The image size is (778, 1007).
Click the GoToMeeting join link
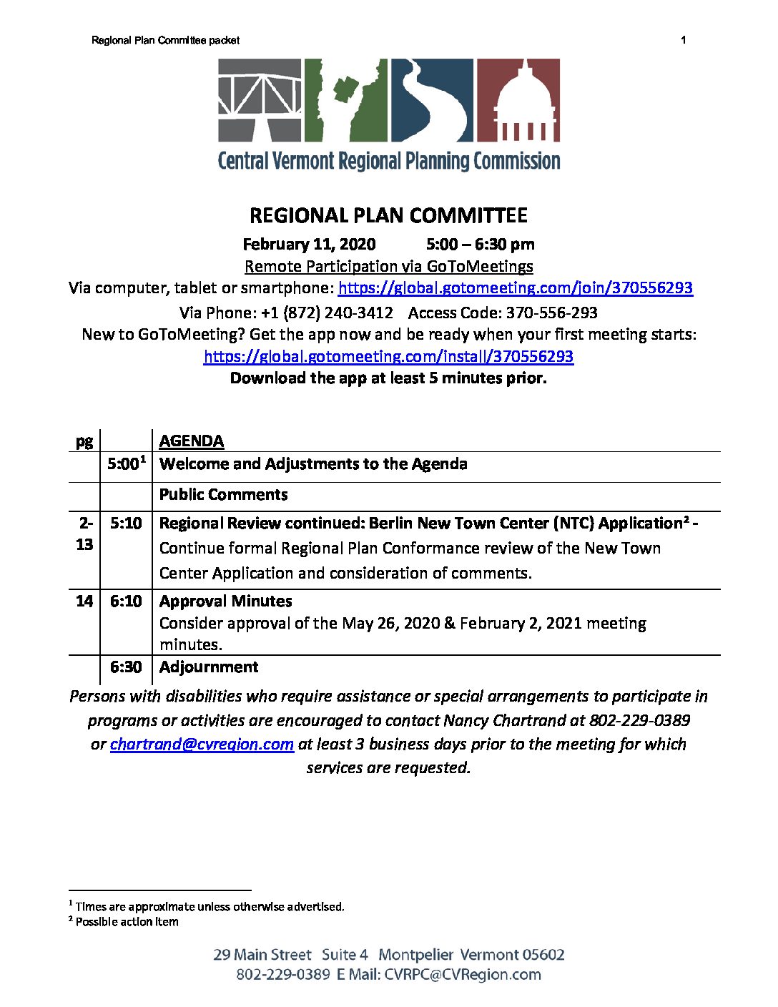(x=515, y=288)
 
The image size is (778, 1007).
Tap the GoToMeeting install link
(x=388, y=356)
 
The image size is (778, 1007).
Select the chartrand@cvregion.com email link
(x=202, y=745)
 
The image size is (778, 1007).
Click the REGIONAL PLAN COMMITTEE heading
(x=388, y=216)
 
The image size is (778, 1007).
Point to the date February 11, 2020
(x=309, y=245)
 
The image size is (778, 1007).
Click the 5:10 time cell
(x=126, y=524)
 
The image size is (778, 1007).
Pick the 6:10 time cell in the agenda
(x=126, y=601)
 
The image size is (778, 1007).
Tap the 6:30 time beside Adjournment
(x=126, y=667)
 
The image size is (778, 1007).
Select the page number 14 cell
(x=84, y=601)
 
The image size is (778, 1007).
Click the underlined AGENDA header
(x=192, y=441)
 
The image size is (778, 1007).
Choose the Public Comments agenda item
(x=224, y=495)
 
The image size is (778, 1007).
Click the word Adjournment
(x=209, y=667)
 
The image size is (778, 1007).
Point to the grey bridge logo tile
(x=260, y=100)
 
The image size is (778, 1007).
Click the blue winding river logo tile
(x=431, y=100)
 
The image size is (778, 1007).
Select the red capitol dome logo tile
(x=518, y=100)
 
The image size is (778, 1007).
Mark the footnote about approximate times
(x=209, y=907)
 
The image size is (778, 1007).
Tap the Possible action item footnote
(x=127, y=922)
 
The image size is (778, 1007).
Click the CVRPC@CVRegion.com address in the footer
(x=463, y=975)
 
